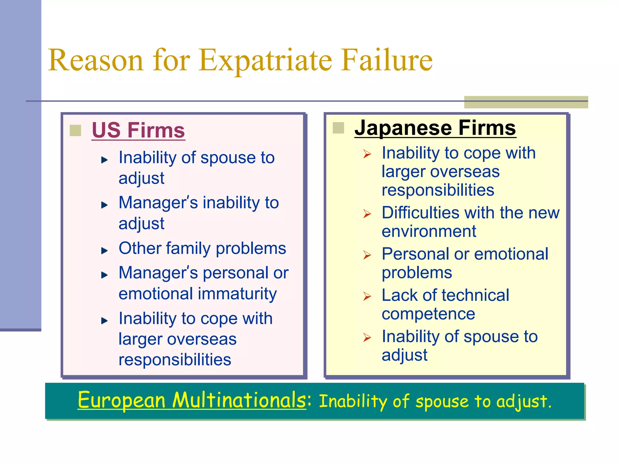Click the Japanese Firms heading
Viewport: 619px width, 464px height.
click(x=435, y=128)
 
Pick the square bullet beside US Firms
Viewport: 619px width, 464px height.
click(x=75, y=130)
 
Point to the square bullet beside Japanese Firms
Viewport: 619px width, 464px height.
click(x=338, y=128)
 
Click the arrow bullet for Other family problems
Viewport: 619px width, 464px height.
click(x=104, y=250)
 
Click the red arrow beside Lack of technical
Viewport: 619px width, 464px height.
click(x=367, y=296)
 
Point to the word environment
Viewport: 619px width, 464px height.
click(x=429, y=231)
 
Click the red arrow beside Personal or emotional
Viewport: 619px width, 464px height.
click(x=367, y=255)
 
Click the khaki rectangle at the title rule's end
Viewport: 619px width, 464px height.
click(x=526, y=102)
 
